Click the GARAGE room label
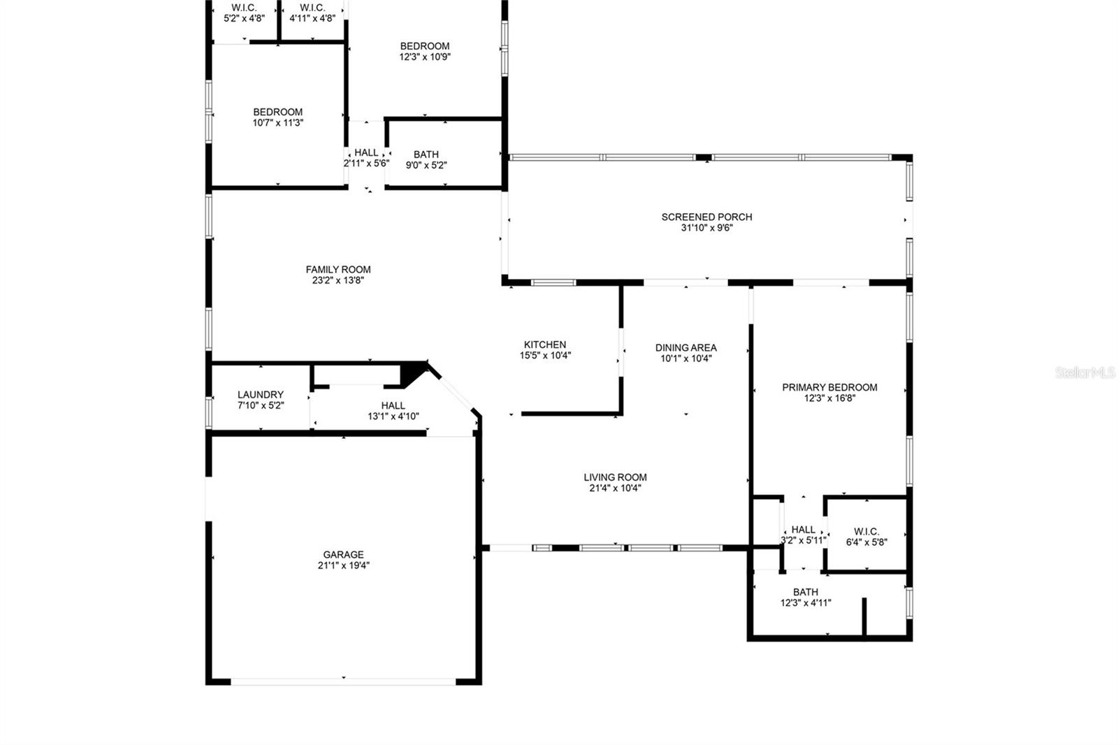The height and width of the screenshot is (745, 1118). pyautogui.click(x=343, y=555)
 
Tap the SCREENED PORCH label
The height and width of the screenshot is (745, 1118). pyautogui.click(x=706, y=217)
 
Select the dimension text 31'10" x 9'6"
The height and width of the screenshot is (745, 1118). pyautogui.click(x=706, y=228)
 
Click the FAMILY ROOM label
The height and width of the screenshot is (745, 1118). pyautogui.click(x=338, y=269)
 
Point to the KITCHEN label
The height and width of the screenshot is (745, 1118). pyautogui.click(x=545, y=345)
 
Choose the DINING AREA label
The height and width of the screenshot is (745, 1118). pyautogui.click(x=685, y=347)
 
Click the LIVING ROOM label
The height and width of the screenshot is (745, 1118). pyautogui.click(x=615, y=477)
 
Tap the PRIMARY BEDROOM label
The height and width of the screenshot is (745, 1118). pyautogui.click(x=829, y=387)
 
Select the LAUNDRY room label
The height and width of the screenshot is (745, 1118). pyautogui.click(x=261, y=394)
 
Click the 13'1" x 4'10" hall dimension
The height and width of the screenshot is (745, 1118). pyautogui.click(x=393, y=417)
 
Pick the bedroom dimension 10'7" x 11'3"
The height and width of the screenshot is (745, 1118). pyautogui.click(x=278, y=123)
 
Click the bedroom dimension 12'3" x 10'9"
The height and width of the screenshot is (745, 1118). pyautogui.click(x=425, y=57)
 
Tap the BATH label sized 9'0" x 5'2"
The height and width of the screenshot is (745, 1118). pyautogui.click(x=426, y=154)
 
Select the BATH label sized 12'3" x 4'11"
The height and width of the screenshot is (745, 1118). pyautogui.click(x=806, y=592)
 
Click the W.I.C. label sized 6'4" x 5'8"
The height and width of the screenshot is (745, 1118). pyautogui.click(x=866, y=531)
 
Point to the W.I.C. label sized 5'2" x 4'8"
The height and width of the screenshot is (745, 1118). pyautogui.click(x=244, y=8)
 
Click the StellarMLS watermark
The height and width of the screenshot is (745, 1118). pyautogui.click(x=1085, y=372)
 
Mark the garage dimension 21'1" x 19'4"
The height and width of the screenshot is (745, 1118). pyautogui.click(x=343, y=566)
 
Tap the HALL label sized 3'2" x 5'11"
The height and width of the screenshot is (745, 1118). pyautogui.click(x=804, y=530)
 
